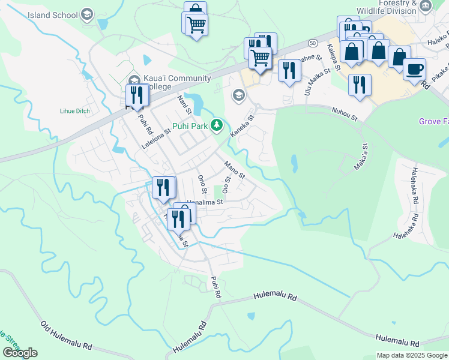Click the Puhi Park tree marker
tap(217, 125)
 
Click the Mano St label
tap(234, 170)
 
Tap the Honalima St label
tap(205, 203)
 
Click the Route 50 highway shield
tap(313, 43)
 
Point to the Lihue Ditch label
tap(74, 110)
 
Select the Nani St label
tap(184, 104)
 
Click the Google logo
tap(20, 353)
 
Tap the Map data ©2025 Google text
tap(412, 355)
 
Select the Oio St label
tap(226, 185)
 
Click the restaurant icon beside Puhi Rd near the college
tap(136, 95)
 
